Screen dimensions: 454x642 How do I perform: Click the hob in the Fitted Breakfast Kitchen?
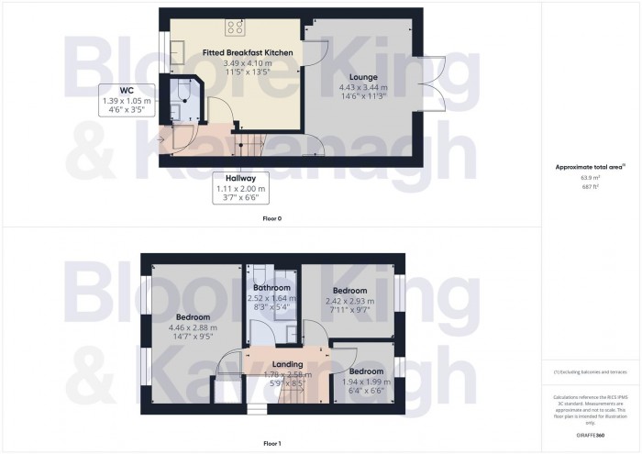tap(234, 27)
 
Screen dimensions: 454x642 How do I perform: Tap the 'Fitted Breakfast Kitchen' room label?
tap(248, 54)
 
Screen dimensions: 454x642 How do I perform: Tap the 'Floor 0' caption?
tap(272, 219)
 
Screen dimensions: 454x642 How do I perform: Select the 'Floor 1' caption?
tap(272, 443)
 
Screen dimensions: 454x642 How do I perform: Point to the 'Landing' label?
tap(275, 365)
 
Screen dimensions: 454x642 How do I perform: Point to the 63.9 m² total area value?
tap(590, 178)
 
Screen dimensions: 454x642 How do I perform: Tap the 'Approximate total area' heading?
tap(590, 166)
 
